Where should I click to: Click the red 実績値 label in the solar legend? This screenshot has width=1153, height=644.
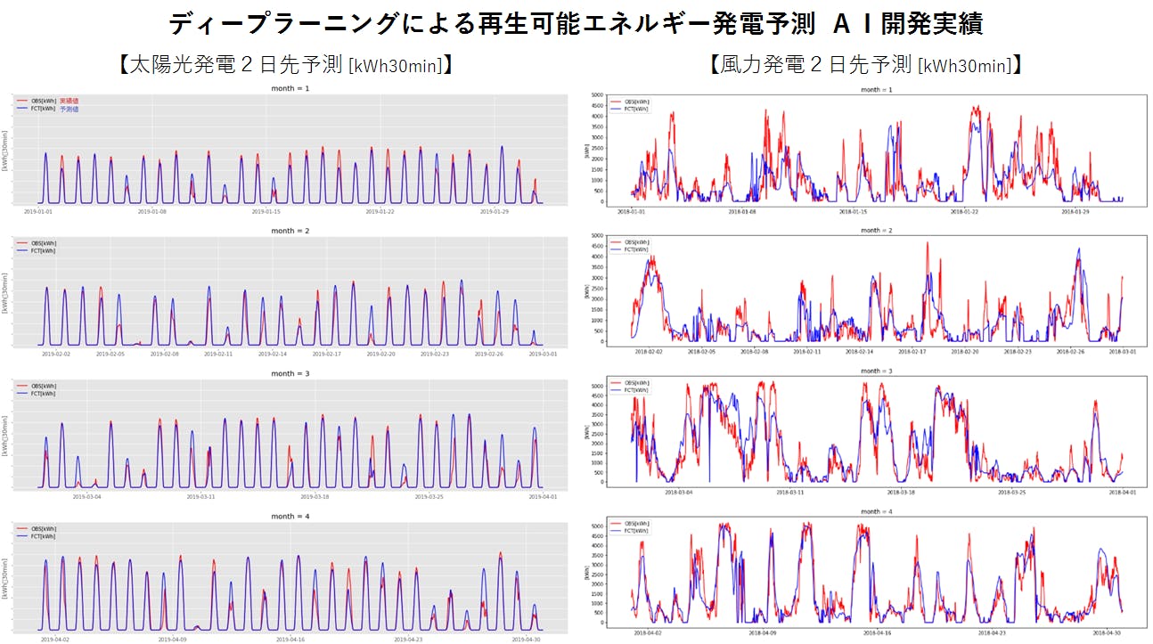(69, 101)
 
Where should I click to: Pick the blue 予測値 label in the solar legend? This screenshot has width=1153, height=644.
(69, 109)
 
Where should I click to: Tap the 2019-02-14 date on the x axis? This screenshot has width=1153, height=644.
(274, 354)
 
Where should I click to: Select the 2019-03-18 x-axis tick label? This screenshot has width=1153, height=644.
(316, 496)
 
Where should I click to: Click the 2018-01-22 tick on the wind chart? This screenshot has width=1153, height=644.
(964, 211)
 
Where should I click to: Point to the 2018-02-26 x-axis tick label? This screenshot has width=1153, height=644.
(1072, 352)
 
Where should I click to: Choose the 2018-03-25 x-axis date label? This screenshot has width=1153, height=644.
(1014, 492)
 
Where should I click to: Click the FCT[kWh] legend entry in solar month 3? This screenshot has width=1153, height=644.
(43, 393)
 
